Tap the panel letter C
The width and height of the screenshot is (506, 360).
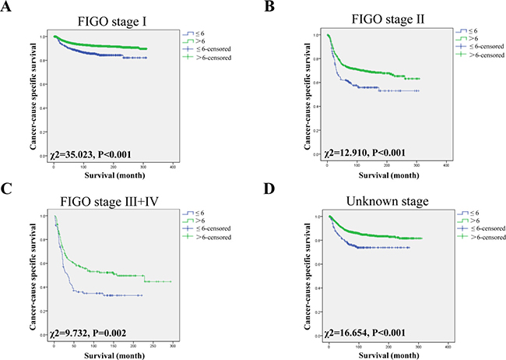(7, 189)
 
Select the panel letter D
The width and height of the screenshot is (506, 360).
(269, 189)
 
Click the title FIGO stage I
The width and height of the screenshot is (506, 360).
(107, 12)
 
